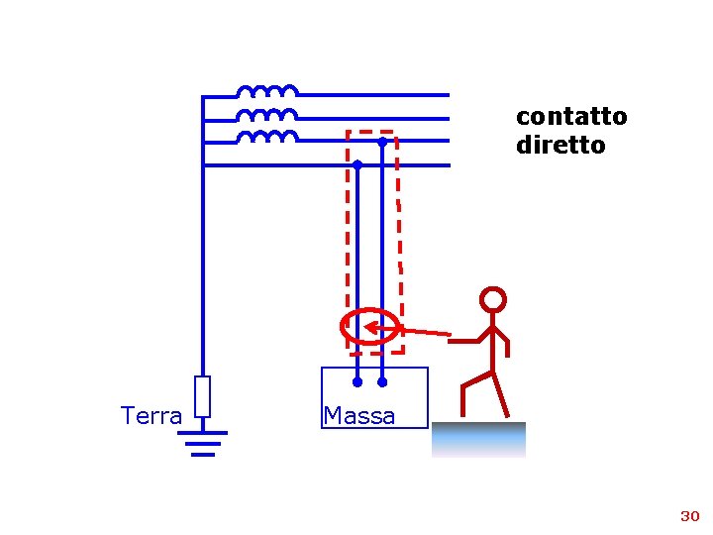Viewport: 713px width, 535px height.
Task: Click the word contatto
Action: pyautogui.click(x=571, y=116)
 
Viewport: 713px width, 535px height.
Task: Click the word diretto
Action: pyautogui.click(x=560, y=145)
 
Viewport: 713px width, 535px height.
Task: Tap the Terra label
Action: pyautogui.click(x=151, y=416)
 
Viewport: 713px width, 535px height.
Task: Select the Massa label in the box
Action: pyautogui.click(x=358, y=416)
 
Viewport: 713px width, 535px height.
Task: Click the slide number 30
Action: pyautogui.click(x=689, y=516)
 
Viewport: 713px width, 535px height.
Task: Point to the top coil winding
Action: pyautogui.click(x=266, y=91)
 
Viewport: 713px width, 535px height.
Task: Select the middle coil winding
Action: pyautogui.click(x=266, y=114)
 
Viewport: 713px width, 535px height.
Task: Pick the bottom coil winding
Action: pyautogui.click(x=266, y=136)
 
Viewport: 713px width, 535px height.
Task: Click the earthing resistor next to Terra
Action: pyautogui.click(x=202, y=396)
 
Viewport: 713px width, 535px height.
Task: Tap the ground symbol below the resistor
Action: pyautogui.click(x=202, y=443)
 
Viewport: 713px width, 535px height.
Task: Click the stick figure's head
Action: pyautogui.click(x=492, y=299)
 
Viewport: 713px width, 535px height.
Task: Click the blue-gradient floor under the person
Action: pyautogui.click(x=478, y=439)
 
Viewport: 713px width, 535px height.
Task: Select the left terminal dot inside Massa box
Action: pyautogui.click(x=357, y=380)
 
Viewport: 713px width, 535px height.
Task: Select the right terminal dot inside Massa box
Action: pyautogui.click(x=382, y=380)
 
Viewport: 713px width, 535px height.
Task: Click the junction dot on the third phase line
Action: pyautogui.click(x=381, y=142)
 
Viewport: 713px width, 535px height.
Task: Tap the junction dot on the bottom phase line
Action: pyautogui.click(x=357, y=164)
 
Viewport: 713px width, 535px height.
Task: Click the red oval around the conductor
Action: pyautogui.click(x=343, y=328)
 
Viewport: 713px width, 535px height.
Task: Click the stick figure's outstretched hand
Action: pyautogui.click(x=452, y=340)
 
